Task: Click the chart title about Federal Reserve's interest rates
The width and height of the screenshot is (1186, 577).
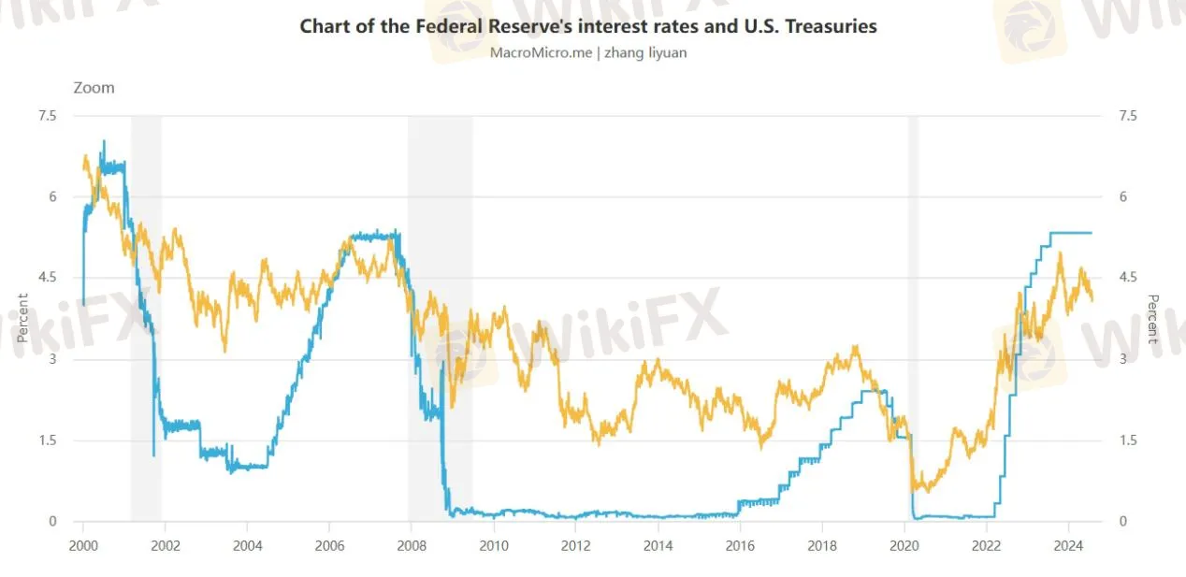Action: point(588,26)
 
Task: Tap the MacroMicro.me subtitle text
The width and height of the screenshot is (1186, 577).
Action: point(588,53)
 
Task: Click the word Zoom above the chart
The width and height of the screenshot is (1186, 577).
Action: point(94,88)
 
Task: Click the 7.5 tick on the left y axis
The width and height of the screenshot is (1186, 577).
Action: point(47,116)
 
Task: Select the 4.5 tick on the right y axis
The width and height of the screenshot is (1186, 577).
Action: point(1128,278)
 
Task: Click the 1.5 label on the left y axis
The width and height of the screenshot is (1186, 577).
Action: point(47,440)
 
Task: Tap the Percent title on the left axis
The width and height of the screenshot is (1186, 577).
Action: point(22,319)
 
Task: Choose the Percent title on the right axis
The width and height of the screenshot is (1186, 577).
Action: point(1153,319)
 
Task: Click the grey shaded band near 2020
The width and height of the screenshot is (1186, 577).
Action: point(913,318)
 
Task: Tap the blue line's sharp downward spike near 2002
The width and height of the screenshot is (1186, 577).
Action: point(153,454)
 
